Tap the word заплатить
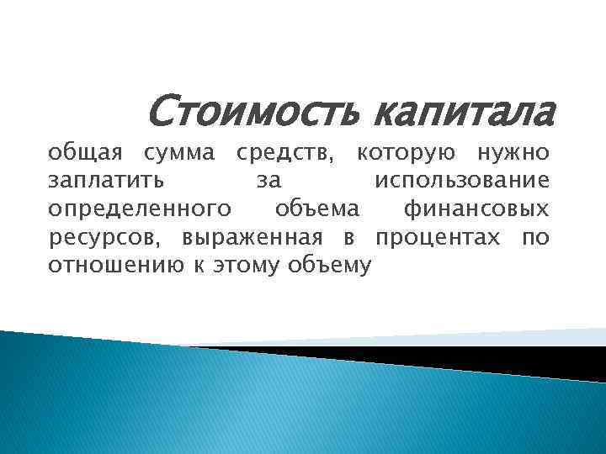[106, 181]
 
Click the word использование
[462, 181]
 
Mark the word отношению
[106, 266]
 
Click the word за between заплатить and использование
[268, 182]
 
